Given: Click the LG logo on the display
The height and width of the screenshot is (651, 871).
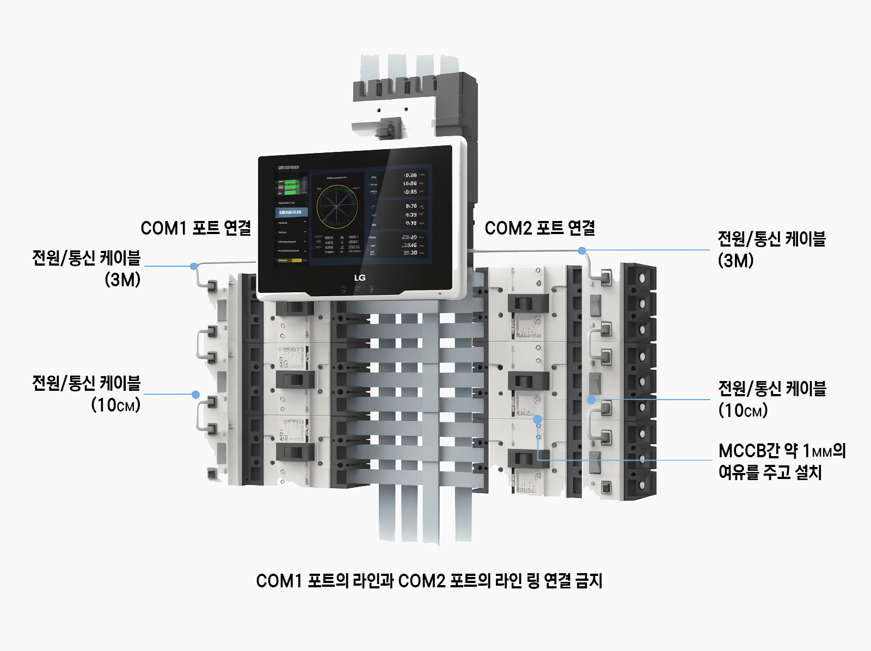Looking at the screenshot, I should pos(360,278).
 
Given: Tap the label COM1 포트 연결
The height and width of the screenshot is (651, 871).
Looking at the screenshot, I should pos(196,228).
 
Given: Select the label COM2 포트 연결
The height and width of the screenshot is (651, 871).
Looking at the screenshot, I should pos(539,228).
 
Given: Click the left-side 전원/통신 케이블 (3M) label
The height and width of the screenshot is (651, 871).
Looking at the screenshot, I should pos(87,268).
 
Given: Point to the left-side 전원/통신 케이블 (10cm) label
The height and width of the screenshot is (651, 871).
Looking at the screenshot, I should pos(87,394).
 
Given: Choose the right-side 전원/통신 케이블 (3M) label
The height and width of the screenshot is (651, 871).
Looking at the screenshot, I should pos(771,249).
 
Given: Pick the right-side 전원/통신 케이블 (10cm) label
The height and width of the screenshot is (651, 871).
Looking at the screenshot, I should pos(771,399).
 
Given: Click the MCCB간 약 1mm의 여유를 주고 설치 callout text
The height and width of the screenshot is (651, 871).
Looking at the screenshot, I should pos(782,461).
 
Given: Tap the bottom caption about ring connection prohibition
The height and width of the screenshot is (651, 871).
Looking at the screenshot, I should pos(429,581).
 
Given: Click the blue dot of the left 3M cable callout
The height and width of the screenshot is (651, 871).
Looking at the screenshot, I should pos(194,266).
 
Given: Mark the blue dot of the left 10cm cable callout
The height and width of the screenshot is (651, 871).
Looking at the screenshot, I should pos(195,395).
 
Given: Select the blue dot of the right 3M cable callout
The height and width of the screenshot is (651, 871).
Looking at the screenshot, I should pos(582,251).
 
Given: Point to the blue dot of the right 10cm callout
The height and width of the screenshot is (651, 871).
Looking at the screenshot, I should pos(592,400).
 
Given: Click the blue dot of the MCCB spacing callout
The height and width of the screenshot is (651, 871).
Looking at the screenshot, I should pos(537,419).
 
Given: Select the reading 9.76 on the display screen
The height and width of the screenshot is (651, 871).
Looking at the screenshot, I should pos(411,206).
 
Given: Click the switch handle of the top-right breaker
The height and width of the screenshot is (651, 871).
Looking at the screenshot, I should pos(527,304).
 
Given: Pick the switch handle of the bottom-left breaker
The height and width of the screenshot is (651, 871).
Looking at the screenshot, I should pos(295,452).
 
